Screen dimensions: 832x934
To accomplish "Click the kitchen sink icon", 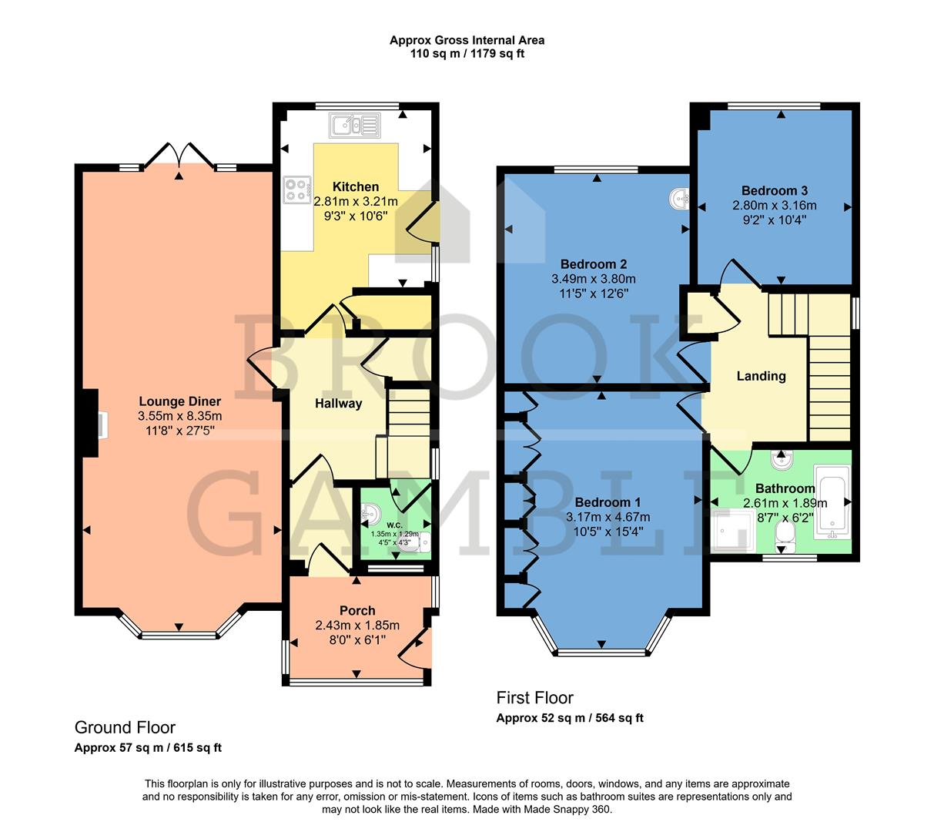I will [354, 124].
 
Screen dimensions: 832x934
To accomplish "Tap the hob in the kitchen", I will [297, 190].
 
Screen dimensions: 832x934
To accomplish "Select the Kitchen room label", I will [355, 186].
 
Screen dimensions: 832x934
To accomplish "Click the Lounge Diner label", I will [179, 401].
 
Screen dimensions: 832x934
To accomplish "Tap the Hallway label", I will [338, 403].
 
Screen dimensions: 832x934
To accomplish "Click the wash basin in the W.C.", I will [369, 512].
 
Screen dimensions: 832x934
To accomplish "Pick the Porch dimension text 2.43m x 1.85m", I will [357, 626].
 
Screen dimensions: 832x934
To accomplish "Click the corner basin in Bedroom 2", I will [679, 199].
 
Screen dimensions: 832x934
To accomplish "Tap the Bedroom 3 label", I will [774, 190].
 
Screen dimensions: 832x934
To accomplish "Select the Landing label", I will [761, 376].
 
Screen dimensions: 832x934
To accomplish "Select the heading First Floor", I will [534, 698].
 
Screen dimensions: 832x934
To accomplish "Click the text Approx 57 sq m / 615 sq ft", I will [148, 747].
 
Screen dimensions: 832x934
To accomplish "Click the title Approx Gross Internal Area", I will [467, 40].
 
